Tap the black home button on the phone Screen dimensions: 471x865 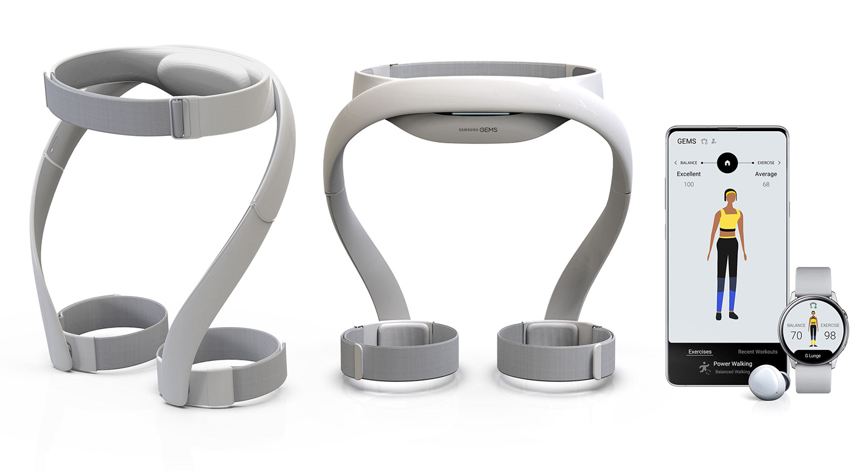(x=727, y=163)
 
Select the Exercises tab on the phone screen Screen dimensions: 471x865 (x=699, y=352)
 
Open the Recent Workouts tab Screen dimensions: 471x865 (x=757, y=352)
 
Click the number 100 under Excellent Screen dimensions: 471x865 (x=688, y=184)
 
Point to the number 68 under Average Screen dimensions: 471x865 (x=766, y=184)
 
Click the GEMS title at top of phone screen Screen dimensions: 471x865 (x=686, y=142)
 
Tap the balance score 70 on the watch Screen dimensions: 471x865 (x=796, y=335)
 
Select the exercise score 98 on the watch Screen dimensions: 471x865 (x=829, y=335)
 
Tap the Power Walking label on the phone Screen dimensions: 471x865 (x=732, y=364)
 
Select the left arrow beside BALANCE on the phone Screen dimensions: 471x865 (x=676, y=163)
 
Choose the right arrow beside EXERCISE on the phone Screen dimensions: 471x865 (x=779, y=163)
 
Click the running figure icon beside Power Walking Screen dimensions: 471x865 (x=703, y=368)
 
